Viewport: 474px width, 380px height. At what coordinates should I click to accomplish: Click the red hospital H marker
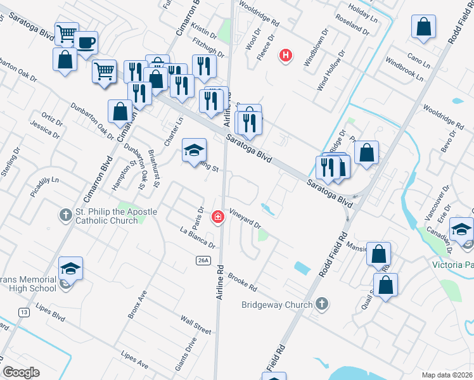pos(286,56)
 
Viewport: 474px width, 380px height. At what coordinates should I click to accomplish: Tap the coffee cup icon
pos(86,43)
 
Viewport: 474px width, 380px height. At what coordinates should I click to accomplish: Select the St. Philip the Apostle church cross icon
pos(67,215)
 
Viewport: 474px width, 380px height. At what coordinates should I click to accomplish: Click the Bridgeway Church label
pos(277,305)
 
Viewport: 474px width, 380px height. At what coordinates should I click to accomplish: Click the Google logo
pos(22,372)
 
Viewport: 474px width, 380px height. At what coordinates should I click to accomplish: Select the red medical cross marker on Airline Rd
pos(218,217)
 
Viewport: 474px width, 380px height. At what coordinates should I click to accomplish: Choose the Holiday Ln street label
pos(362,11)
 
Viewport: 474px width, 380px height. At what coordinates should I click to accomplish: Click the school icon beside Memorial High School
pos(71,269)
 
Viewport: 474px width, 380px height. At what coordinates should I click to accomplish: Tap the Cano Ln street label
pos(416,58)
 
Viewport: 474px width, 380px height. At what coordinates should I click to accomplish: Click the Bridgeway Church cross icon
pos(323,304)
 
